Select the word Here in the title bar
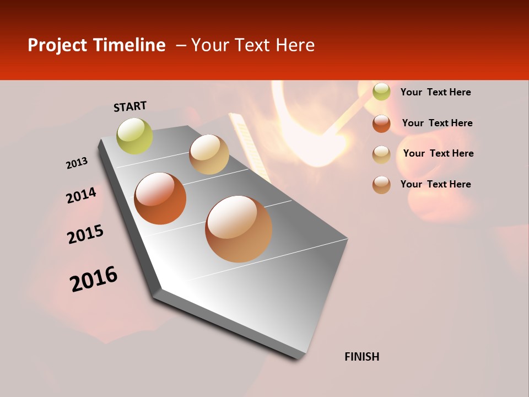295,45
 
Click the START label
130,106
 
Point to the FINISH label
362,357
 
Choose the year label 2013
77,163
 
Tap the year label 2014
82,196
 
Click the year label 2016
94,279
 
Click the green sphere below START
135,136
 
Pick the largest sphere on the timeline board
239,229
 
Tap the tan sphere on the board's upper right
209,154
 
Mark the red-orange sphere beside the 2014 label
160,198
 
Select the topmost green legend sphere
381,92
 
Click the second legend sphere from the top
381,124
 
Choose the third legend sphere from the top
381,154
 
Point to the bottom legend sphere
381,185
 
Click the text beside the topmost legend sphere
436,93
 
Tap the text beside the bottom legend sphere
436,184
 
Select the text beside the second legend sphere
438,123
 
